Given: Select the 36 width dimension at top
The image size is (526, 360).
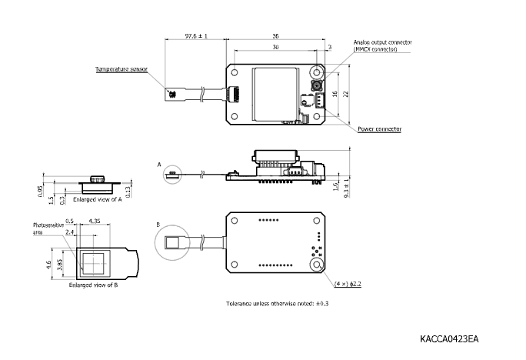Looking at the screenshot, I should [275, 35].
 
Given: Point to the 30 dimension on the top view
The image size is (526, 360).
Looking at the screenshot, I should [275, 47].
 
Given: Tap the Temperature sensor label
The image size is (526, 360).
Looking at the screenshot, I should [121, 69].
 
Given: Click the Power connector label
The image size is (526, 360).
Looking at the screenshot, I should [379, 129].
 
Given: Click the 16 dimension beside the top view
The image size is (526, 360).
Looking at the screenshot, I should [335, 94].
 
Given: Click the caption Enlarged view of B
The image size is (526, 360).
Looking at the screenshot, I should [93, 285].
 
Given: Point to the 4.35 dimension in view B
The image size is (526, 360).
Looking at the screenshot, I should [94, 221].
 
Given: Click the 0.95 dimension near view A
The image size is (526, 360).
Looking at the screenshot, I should [40, 188].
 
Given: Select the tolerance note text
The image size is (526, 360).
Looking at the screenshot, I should [277, 304].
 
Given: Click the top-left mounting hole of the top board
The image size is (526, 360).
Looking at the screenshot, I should [234, 70].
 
